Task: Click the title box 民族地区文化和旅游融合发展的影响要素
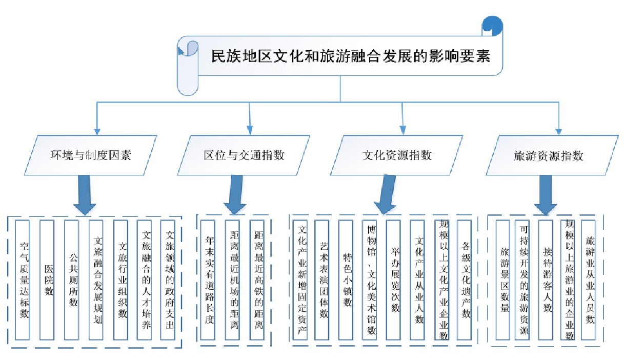(340, 56)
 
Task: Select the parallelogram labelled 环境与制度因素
(91, 155)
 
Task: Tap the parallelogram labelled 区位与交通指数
(244, 155)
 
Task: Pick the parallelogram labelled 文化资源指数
(397, 155)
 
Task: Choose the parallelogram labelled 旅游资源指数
(552, 155)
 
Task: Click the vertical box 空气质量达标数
(22, 280)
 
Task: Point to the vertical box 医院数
(47, 280)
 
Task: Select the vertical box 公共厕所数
(71, 280)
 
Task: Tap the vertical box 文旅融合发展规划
(96, 280)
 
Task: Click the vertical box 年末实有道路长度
(208, 280)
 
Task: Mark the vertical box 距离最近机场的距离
(232, 280)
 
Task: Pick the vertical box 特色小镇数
(346, 280)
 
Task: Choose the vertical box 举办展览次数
(393, 280)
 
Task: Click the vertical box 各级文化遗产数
(464, 280)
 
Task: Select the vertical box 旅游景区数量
(503, 280)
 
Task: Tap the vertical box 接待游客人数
(546, 280)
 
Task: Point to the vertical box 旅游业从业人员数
(588, 280)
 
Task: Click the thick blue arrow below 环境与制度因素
(85, 195)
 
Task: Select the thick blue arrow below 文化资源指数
(386, 195)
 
